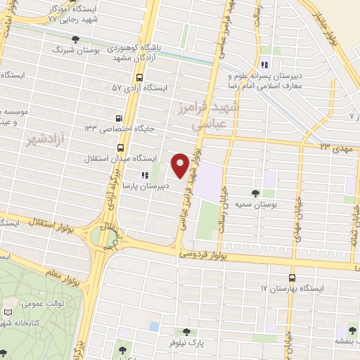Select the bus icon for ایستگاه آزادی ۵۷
point(139,77)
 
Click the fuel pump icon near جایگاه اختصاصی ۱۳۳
point(117,119)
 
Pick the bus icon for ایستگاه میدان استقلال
point(121,148)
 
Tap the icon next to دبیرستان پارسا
point(144,174)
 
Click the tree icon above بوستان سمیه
point(254,192)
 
